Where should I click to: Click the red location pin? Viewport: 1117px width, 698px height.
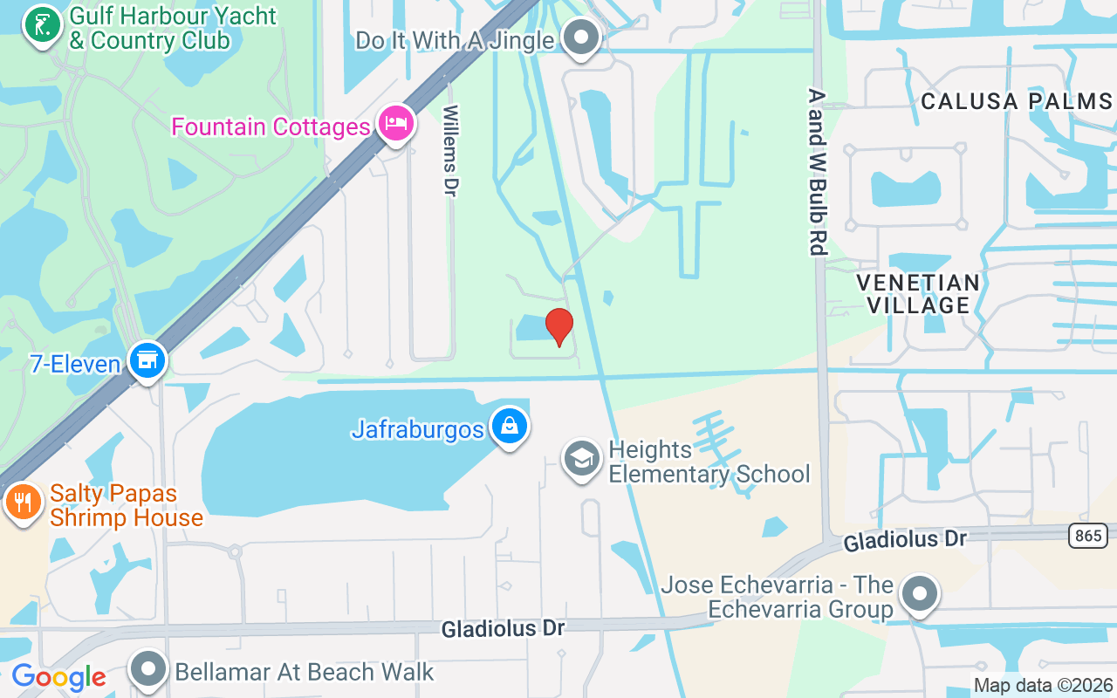click(558, 327)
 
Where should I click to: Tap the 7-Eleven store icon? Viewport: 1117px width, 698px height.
click(147, 360)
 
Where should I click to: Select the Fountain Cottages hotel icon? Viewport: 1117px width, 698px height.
click(396, 124)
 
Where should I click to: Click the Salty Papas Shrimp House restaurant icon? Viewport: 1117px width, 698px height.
click(23, 503)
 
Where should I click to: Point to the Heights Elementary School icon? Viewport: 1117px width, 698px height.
click(581, 459)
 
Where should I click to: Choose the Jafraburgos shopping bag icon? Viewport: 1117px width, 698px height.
click(509, 427)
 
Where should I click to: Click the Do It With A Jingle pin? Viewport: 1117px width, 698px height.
click(580, 38)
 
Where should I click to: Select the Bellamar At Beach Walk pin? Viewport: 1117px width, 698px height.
click(148, 670)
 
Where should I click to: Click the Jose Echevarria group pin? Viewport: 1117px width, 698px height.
click(918, 595)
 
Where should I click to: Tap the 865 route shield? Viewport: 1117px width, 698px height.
click(1088, 535)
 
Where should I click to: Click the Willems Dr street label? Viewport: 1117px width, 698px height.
click(450, 150)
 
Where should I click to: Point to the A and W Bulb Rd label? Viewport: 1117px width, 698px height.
click(817, 171)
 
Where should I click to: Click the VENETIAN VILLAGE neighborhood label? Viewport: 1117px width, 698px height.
click(918, 293)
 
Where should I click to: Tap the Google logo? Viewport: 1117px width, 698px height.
click(58, 677)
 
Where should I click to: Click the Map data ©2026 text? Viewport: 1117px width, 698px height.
click(1043, 686)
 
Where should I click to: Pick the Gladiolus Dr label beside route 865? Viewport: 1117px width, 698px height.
click(904, 541)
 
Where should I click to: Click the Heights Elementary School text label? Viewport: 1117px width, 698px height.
click(709, 462)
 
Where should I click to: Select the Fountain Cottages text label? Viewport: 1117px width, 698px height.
click(271, 127)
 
